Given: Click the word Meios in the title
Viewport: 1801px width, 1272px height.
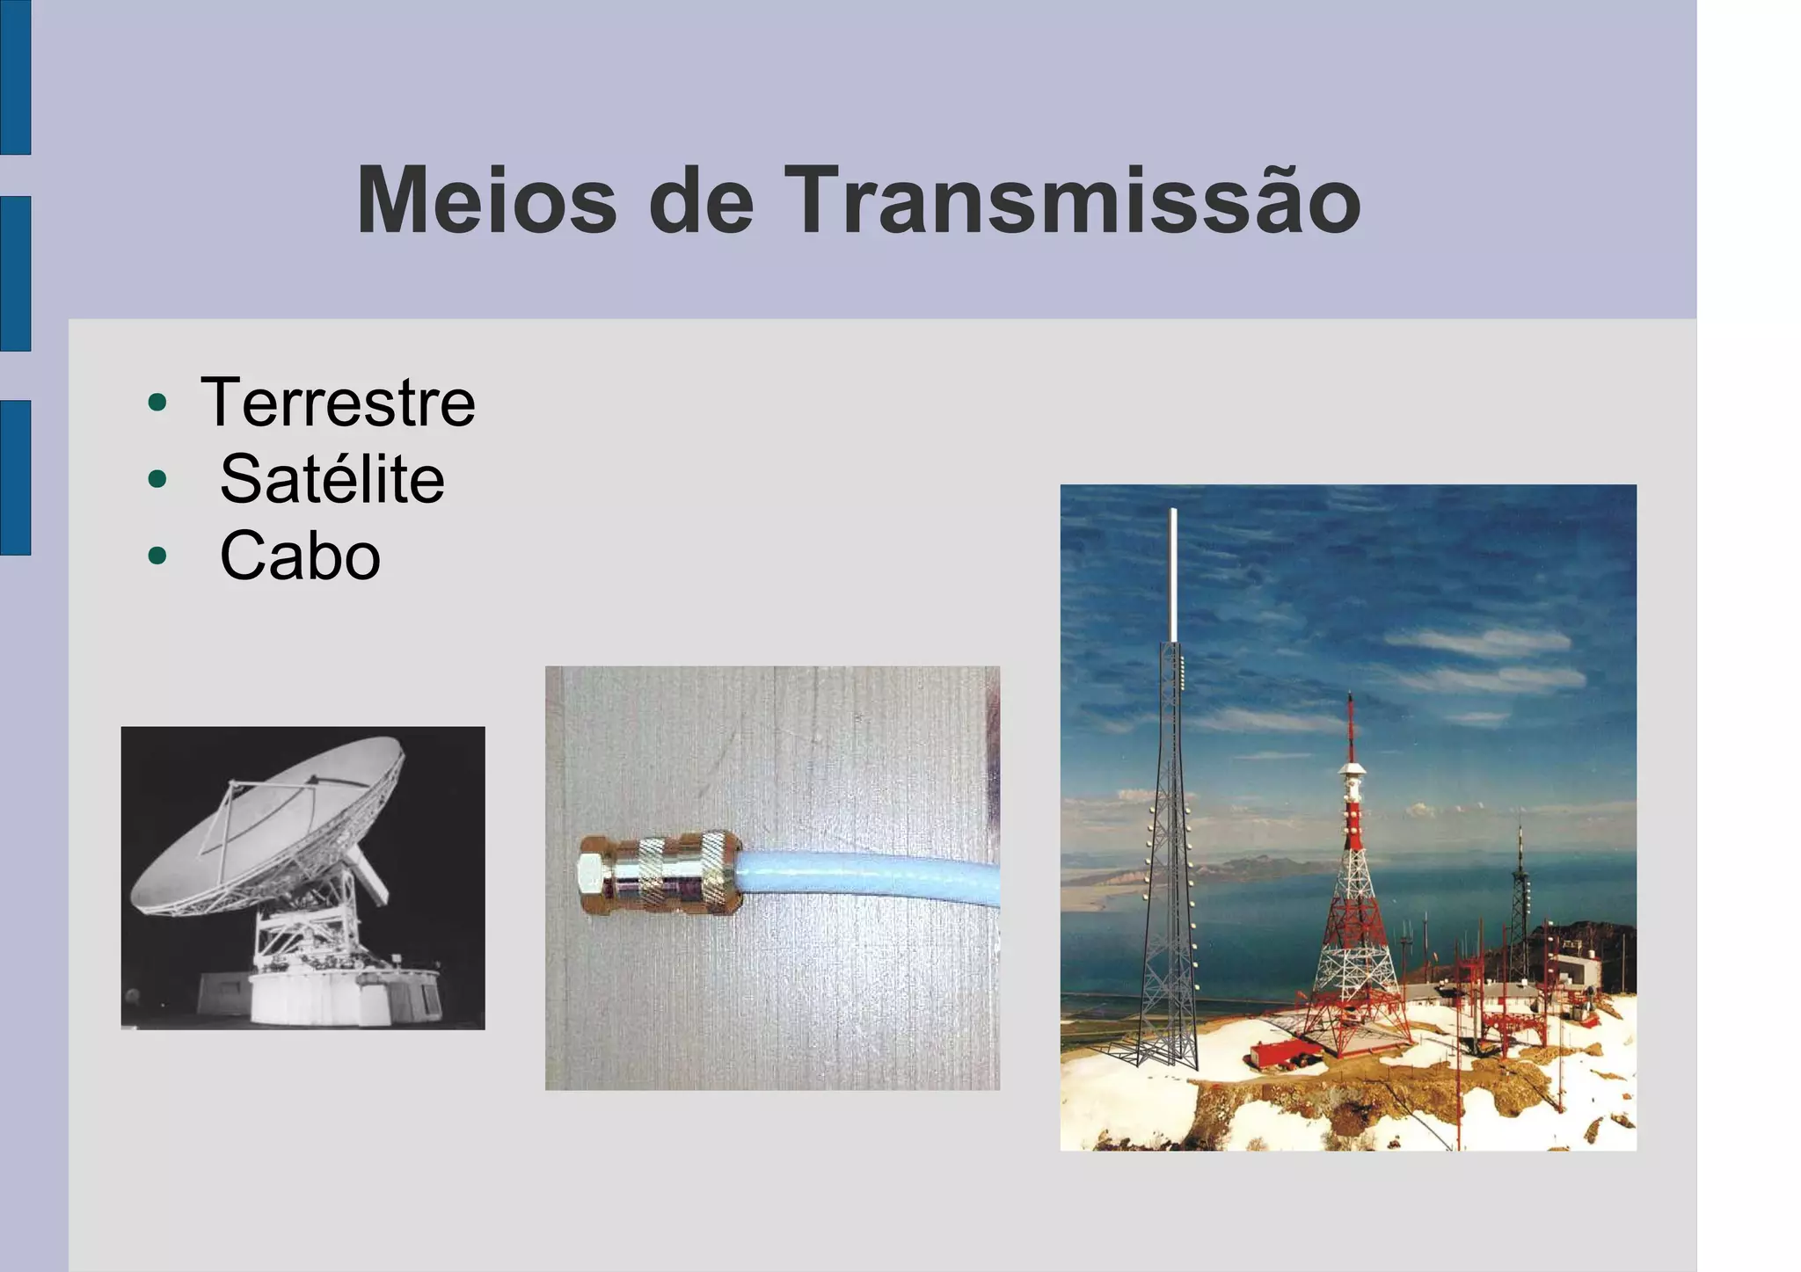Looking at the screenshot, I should [486, 202].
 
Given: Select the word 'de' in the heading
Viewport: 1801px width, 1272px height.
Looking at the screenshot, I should [701, 202].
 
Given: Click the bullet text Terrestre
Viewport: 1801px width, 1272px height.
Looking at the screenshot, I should [338, 403].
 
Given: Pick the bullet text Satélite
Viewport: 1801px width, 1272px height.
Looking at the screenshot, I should [332, 480].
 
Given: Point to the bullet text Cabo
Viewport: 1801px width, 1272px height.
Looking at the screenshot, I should [300, 556].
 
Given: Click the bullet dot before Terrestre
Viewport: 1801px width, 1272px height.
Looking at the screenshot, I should [157, 403].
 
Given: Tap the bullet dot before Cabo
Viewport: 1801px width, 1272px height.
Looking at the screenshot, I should [157, 556].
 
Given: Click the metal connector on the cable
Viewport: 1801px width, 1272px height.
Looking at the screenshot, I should [668, 873].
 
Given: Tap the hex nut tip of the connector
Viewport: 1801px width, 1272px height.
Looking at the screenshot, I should [591, 873].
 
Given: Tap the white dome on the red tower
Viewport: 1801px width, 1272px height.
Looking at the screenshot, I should [1352, 770].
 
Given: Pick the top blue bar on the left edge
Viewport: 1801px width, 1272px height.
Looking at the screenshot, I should [15, 77].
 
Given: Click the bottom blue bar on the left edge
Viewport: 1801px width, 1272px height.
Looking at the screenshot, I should [15, 477].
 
